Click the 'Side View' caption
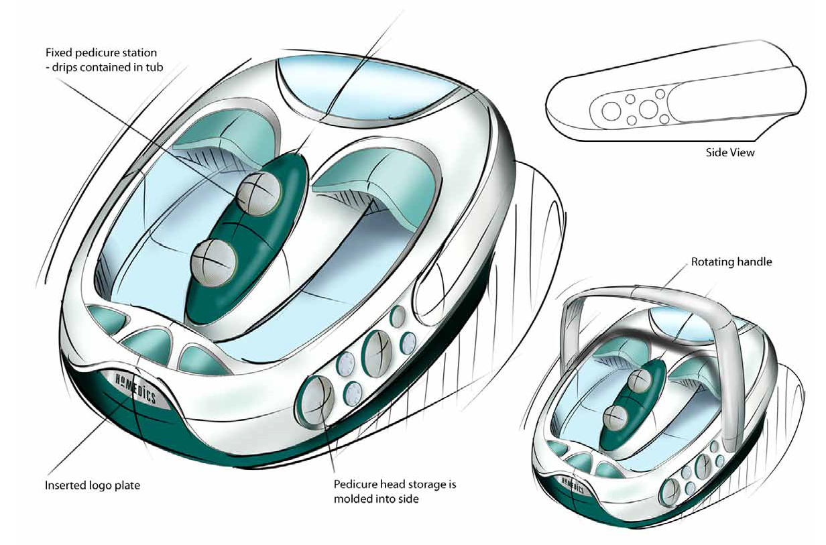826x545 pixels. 730,153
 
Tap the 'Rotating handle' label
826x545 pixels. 731,262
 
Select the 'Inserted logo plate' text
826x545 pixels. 93,485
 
